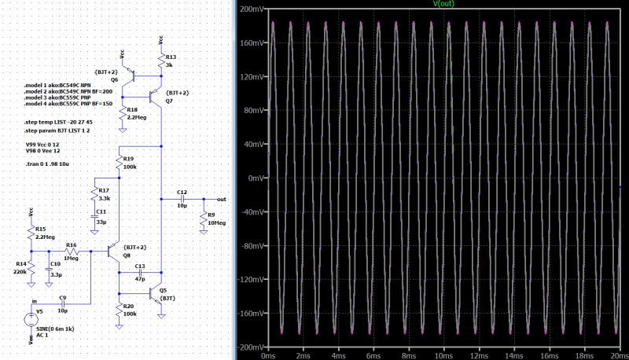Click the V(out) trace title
coord(444,4)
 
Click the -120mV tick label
coord(250,279)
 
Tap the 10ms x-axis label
coord(444,354)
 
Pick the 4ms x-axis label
coord(339,354)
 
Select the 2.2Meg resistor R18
coord(123,115)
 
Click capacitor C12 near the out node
coord(182,199)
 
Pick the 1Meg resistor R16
coord(71,252)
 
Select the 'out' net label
coord(222,199)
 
